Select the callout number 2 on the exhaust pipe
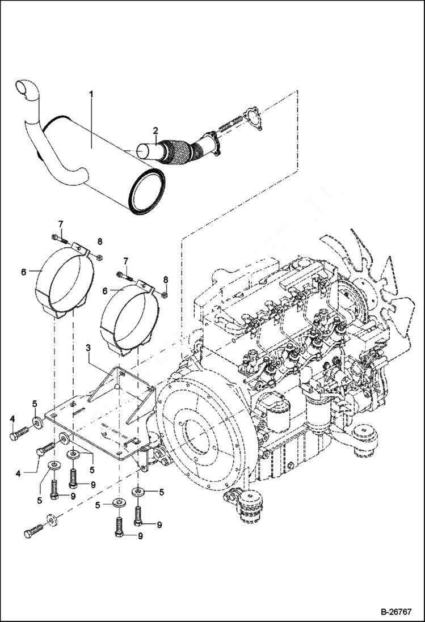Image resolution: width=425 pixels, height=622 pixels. pos(154,132)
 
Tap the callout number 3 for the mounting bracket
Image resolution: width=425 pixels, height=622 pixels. pos(88,346)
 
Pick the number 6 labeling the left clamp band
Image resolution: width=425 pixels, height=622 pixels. pos(24,272)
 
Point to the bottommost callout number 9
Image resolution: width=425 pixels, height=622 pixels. pos(140,536)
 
